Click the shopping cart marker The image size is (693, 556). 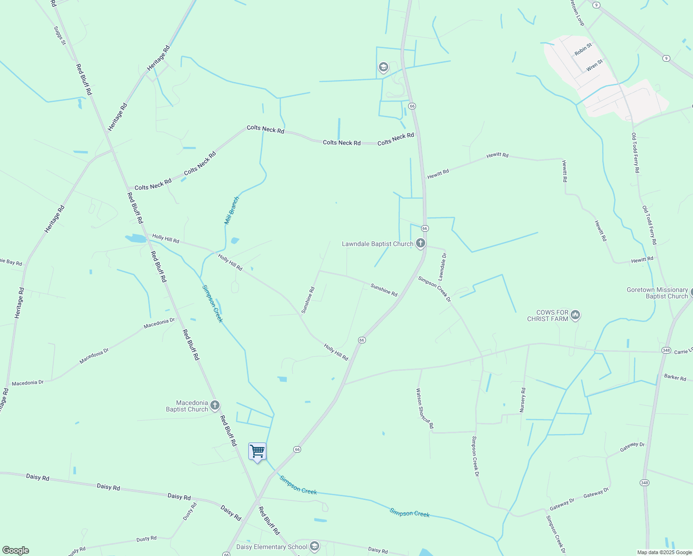[257, 451]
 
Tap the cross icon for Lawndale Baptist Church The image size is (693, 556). [421, 243]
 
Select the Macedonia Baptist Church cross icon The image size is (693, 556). [215, 405]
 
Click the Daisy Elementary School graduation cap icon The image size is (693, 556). [315, 546]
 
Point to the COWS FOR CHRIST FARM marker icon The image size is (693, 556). [575, 315]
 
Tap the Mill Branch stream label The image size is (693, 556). [232, 211]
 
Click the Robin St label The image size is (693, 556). [583, 50]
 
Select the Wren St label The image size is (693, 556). [594, 65]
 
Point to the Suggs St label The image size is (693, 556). [60, 36]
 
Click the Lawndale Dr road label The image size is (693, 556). [442, 267]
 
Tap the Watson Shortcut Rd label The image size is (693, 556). [425, 408]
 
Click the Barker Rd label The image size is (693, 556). [675, 377]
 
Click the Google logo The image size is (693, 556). [16, 550]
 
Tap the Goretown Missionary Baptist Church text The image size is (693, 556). [657, 293]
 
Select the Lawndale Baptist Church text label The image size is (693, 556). [377, 244]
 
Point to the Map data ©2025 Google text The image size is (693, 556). [664, 552]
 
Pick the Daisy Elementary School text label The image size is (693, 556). [271, 547]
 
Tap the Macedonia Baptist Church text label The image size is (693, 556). [187, 406]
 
